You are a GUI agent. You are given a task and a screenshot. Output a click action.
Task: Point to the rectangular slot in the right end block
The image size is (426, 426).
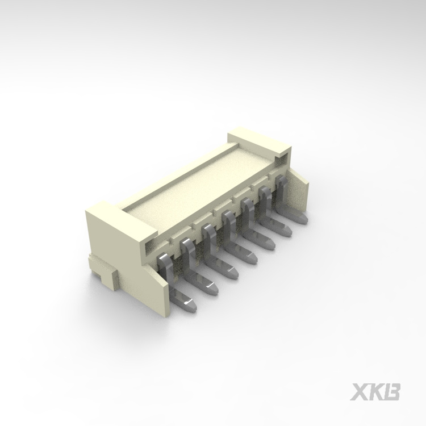click(280, 152)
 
